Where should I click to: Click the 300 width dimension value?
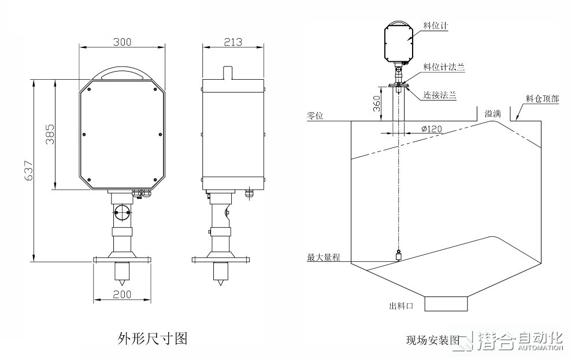click(x=122, y=42)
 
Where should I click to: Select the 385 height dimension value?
click(x=50, y=135)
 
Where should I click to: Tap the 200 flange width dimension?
click(x=121, y=294)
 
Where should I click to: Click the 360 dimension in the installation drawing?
click(x=376, y=103)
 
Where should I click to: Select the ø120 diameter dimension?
click(x=432, y=129)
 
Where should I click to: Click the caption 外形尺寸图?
click(x=153, y=337)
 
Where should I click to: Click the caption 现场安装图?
click(x=432, y=339)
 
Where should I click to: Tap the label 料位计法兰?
click(x=444, y=68)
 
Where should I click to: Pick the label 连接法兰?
click(x=440, y=94)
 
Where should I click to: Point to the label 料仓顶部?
click(x=542, y=99)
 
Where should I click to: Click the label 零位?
click(x=315, y=116)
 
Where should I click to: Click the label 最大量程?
click(x=322, y=257)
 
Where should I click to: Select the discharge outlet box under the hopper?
click(x=446, y=303)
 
